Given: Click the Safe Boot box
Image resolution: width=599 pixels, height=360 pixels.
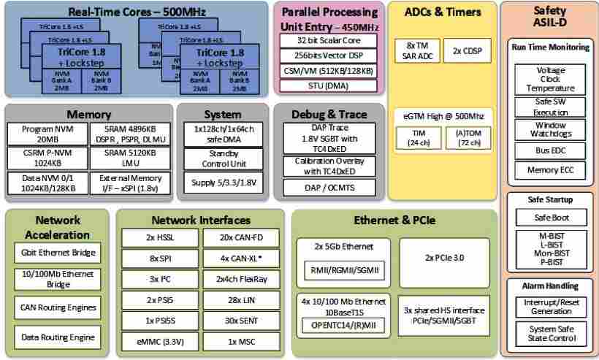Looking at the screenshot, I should pyautogui.click(x=551, y=218).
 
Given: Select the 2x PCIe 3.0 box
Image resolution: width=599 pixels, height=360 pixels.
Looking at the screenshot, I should pyautogui.click(x=444, y=258).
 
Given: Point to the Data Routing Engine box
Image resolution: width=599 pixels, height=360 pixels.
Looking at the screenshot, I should pyautogui.click(x=58, y=337).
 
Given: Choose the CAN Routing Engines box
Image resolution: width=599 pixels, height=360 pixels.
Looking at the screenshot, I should pyautogui.click(x=58, y=308).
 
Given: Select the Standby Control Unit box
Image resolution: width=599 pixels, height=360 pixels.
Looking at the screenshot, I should pyautogui.click(x=223, y=158).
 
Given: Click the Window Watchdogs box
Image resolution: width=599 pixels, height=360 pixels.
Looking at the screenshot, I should pyautogui.click(x=551, y=130).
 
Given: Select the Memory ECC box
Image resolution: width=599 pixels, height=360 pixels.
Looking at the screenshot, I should pyautogui.click(x=551, y=170).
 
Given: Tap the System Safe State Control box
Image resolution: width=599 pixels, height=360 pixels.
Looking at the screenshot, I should pyautogui.click(x=551, y=334).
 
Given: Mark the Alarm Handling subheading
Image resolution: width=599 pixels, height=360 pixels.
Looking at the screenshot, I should pyautogui.click(x=551, y=286).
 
